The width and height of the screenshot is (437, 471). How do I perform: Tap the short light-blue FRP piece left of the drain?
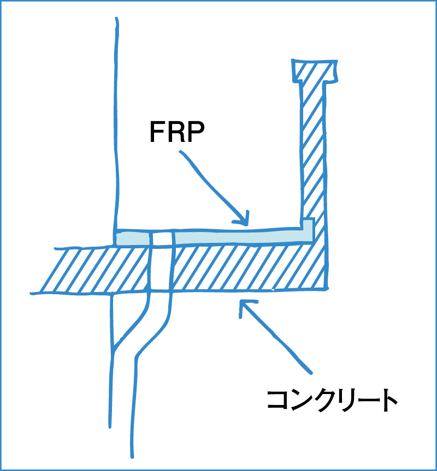click(x=132, y=239)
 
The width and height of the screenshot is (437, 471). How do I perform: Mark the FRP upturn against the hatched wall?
click(x=309, y=229)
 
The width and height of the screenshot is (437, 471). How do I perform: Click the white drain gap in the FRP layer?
click(x=162, y=238)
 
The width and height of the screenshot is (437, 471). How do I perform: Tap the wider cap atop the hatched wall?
click(x=314, y=70)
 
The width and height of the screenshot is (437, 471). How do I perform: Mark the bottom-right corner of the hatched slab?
click(x=327, y=288)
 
